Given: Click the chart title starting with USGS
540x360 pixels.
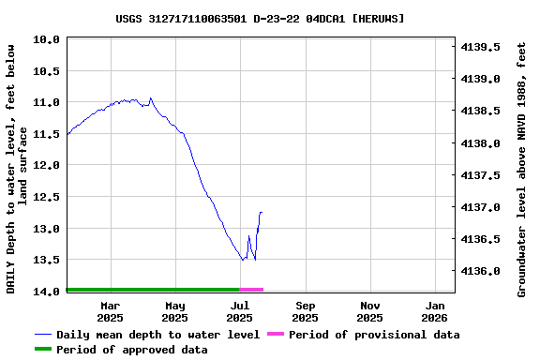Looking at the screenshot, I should click(x=261, y=18).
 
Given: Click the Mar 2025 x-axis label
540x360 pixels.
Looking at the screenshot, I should click(x=111, y=311).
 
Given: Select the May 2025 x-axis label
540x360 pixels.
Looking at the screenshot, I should click(x=175, y=311).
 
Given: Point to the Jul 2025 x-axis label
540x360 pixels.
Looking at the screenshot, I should click(x=240, y=311).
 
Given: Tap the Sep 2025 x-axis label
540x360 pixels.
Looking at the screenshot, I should click(x=306, y=311).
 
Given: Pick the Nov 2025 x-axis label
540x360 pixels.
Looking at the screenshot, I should click(x=370, y=311).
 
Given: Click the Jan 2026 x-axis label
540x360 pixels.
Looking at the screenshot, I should click(x=436, y=311).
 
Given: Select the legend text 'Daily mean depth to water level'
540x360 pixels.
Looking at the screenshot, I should click(x=157, y=335).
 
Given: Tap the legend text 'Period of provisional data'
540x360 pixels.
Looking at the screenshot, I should click(x=374, y=335).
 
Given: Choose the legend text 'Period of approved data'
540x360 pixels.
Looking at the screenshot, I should click(x=131, y=350).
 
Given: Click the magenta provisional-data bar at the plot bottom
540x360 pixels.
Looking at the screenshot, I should click(x=251, y=290).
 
